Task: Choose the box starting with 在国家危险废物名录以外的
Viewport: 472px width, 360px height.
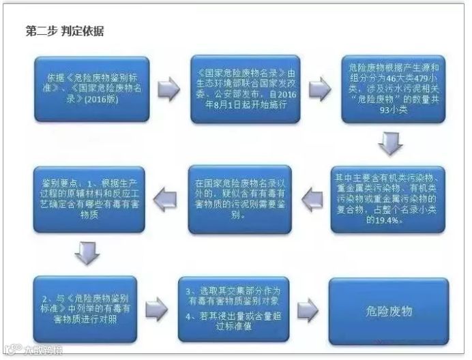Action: tap(239, 199)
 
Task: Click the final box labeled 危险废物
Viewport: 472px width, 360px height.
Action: tap(387, 307)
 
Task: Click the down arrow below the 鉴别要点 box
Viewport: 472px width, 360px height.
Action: tap(86, 253)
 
